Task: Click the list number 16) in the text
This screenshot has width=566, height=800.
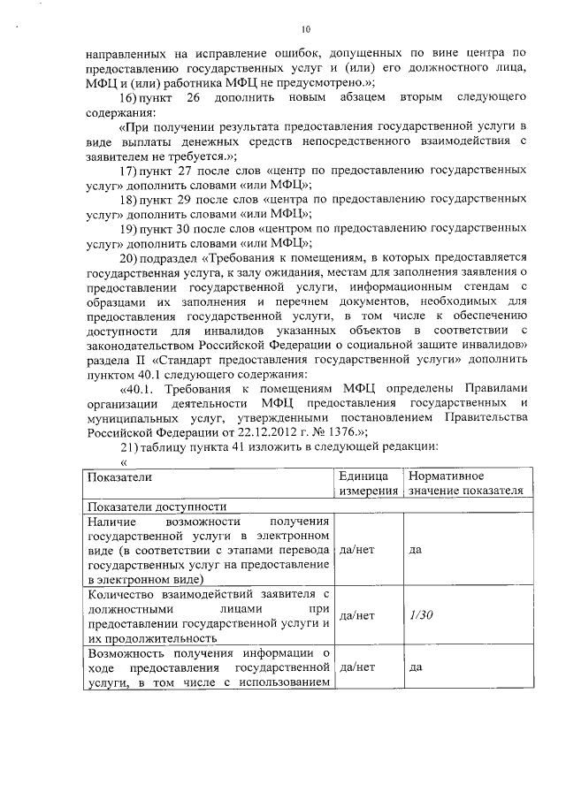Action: click(x=131, y=95)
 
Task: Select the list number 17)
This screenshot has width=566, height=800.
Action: click(x=130, y=170)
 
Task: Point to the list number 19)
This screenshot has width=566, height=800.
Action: click(x=130, y=230)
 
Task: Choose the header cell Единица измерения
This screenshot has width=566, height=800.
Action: click(x=364, y=484)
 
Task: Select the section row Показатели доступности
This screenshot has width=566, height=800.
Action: click(x=156, y=507)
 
